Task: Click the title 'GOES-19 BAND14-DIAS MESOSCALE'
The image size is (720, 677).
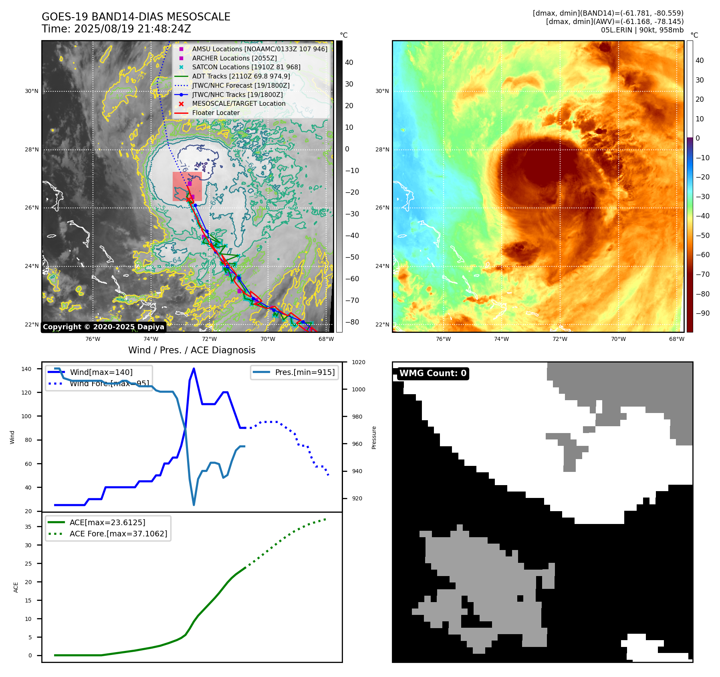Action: tap(136, 17)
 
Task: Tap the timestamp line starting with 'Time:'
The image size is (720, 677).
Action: tap(116, 29)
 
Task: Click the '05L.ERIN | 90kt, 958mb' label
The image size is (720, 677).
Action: tap(642, 30)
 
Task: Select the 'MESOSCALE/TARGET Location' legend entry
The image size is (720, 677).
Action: tap(238, 104)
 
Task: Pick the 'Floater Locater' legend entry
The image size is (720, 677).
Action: tap(216, 113)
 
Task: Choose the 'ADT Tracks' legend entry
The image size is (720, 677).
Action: tap(241, 76)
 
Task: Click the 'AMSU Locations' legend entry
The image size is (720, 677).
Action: tap(259, 49)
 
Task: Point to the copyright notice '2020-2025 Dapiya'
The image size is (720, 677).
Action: tap(103, 327)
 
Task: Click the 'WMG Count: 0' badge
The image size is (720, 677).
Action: tap(433, 373)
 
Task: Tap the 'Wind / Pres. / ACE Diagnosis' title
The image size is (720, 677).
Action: tap(192, 350)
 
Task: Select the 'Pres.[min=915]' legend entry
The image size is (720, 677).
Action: tap(305, 372)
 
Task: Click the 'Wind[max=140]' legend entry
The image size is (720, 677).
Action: tap(101, 372)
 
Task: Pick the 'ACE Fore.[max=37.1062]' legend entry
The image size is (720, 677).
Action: tap(118, 534)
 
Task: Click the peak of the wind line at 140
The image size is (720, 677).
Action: tap(194, 369)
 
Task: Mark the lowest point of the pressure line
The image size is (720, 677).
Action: tap(194, 505)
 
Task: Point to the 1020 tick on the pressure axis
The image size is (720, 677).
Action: tap(358, 362)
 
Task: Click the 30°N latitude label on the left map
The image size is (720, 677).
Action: tap(32, 91)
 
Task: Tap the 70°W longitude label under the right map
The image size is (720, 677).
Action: tap(618, 339)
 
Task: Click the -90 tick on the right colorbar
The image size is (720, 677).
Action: tap(702, 313)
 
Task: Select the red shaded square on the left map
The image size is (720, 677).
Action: tap(187, 187)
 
